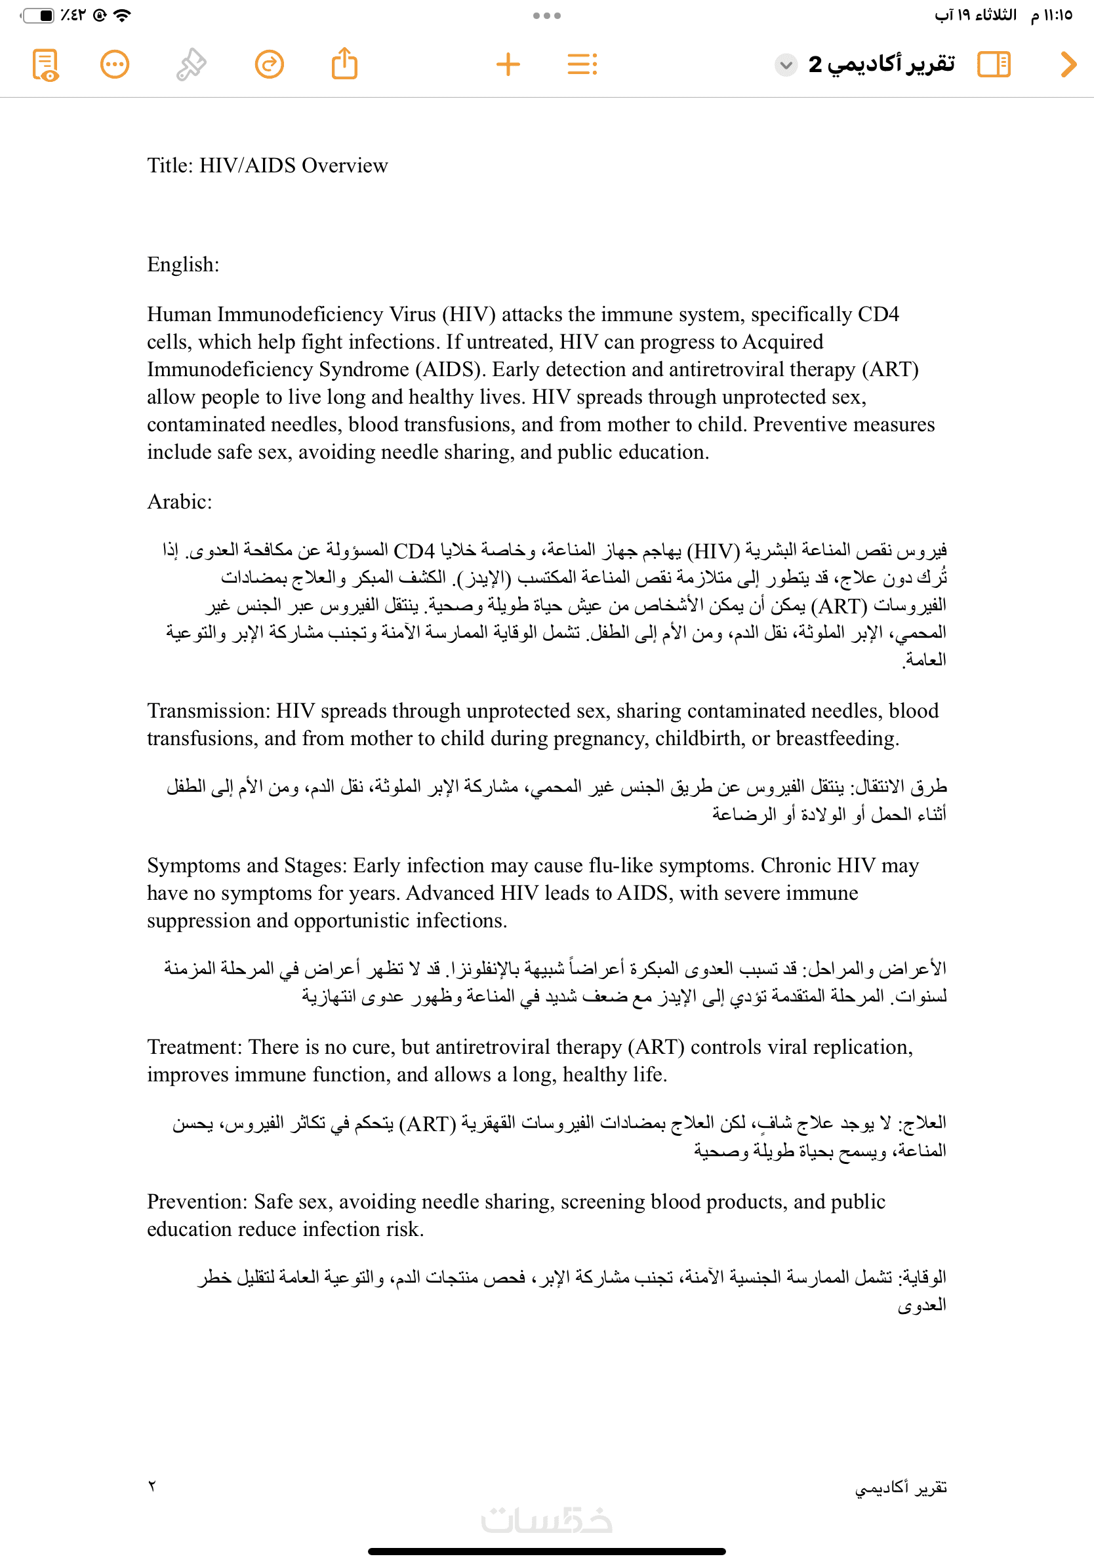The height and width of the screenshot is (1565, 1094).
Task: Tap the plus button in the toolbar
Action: [x=508, y=65]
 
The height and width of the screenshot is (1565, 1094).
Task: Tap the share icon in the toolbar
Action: [x=344, y=64]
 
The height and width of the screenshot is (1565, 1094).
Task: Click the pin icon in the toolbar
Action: [x=191, y=65]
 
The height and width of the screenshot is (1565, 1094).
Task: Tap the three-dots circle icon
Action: [x=115, y=65]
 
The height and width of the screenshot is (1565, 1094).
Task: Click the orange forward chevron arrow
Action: [x=1068, y=65]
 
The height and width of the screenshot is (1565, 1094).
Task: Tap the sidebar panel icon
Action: [x=994, y=65]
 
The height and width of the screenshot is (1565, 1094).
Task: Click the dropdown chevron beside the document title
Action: [x=786, y=65]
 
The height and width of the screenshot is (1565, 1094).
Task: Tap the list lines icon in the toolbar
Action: [x=582, y=65]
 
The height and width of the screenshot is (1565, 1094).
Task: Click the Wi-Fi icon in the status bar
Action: [x=123, y=15]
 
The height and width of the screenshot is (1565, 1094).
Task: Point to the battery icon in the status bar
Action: [x=38, y=15]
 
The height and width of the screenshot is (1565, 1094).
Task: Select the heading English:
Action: [x=183, y=265]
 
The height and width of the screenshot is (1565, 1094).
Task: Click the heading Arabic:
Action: [x=179, y=501]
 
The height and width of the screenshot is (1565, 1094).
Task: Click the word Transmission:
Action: [x=209, y=711]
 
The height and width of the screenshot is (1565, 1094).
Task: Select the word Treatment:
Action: [x=194, y=1047]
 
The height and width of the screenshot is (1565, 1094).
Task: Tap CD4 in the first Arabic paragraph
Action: [x=414, y=551]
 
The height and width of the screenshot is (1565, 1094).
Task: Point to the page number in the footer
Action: [x=152, y=1486]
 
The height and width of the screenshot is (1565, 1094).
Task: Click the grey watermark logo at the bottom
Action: [x=546, y=1520]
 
